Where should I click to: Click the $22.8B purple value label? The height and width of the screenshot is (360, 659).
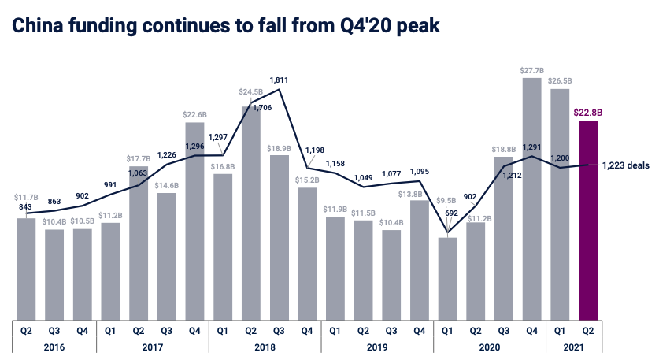pos(589,113)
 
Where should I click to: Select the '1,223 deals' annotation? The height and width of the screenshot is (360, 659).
pos(626,165)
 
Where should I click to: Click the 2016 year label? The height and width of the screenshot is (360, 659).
pos(54,346)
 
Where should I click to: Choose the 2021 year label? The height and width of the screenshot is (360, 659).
pos(575,346)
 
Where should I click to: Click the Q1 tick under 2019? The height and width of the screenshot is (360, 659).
pos(335,330)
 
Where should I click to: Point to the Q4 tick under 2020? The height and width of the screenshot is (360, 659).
pos(532,330)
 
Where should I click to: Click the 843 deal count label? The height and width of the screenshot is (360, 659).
pos(26,206)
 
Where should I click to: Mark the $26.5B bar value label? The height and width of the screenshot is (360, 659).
pos(561,81)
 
